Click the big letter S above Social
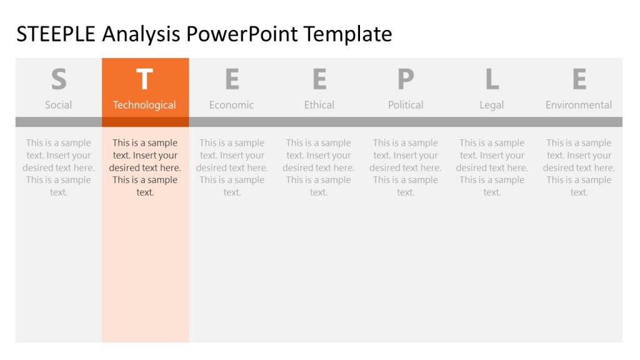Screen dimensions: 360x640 coord(59,80)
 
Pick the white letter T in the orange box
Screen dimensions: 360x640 coord(145,80)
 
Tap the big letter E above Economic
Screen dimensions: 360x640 coord(232,80)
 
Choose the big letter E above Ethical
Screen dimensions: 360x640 coord(319,80)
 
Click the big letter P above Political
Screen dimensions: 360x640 coord(406,80)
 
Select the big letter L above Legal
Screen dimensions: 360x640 coord(492,80)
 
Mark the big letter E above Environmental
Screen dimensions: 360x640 coord(579,80)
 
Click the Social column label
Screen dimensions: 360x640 coord(59,105)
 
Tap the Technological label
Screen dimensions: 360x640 coord(145,105)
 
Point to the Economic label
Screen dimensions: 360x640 coord(232,105)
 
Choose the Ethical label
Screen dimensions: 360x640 coord(319,105)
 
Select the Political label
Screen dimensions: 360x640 coord(406,105)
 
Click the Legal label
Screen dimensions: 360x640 coord(492,105)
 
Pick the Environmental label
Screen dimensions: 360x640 coord(579,105)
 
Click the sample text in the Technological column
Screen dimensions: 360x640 coord(145,167)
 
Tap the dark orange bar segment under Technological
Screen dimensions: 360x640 coord(145,122)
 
